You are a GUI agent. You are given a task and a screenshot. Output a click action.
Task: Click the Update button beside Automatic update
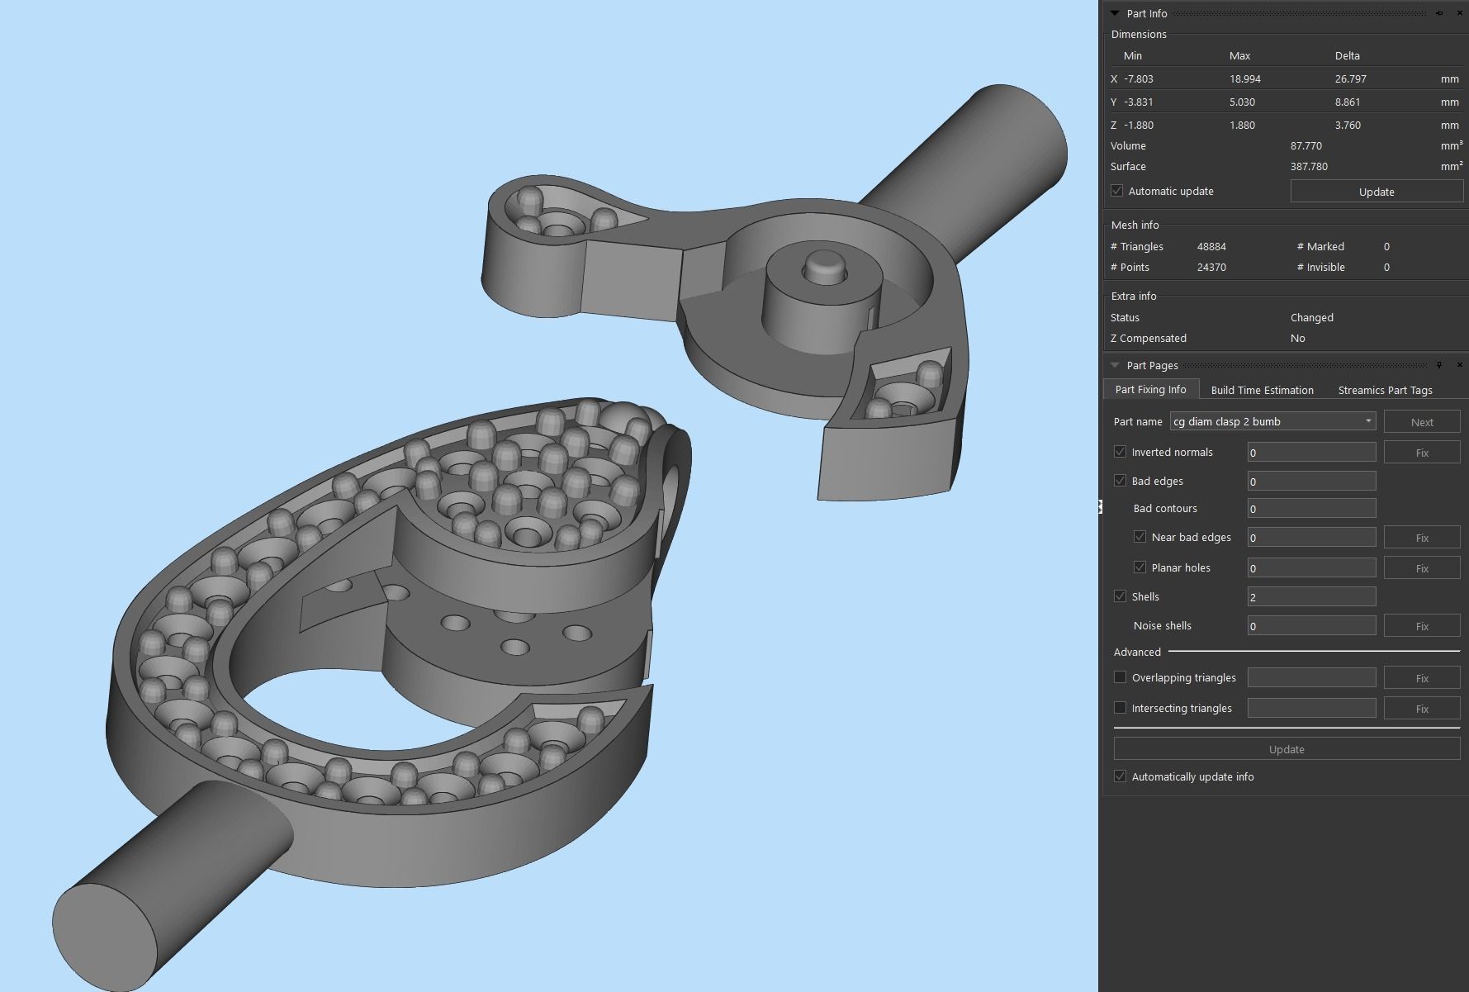point(1376,192)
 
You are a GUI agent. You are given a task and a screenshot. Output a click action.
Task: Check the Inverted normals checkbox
point(1120,452)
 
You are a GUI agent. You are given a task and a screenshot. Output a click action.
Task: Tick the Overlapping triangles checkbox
point(1120,677)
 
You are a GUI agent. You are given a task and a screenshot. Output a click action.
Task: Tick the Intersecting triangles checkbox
point(1120,708)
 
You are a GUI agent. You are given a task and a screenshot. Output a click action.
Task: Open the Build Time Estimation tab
point(1262,390)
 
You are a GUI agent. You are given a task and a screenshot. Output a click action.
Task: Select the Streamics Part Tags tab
point(1385,390)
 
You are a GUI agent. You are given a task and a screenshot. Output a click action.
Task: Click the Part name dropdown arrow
point(1367,421)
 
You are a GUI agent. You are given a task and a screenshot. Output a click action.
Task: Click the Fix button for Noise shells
point(1421,626)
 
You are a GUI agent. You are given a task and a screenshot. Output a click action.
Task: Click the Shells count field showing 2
point(1310,596)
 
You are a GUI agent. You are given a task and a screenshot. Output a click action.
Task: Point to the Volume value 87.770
point(1306,146)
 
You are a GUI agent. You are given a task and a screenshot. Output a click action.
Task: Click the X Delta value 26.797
point(1350,79)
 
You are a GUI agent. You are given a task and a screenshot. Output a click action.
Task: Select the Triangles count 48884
point(1211,247)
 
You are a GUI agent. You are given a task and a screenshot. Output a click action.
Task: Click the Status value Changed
point(1311,318)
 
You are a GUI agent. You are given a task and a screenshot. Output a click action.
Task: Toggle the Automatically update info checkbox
point(1120,776)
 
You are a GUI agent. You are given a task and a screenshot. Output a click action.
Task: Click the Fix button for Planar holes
point(1421,568)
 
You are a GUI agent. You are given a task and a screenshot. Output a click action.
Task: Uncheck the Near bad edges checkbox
point(1140,537)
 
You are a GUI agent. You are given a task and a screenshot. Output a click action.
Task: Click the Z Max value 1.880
point(1242,126)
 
